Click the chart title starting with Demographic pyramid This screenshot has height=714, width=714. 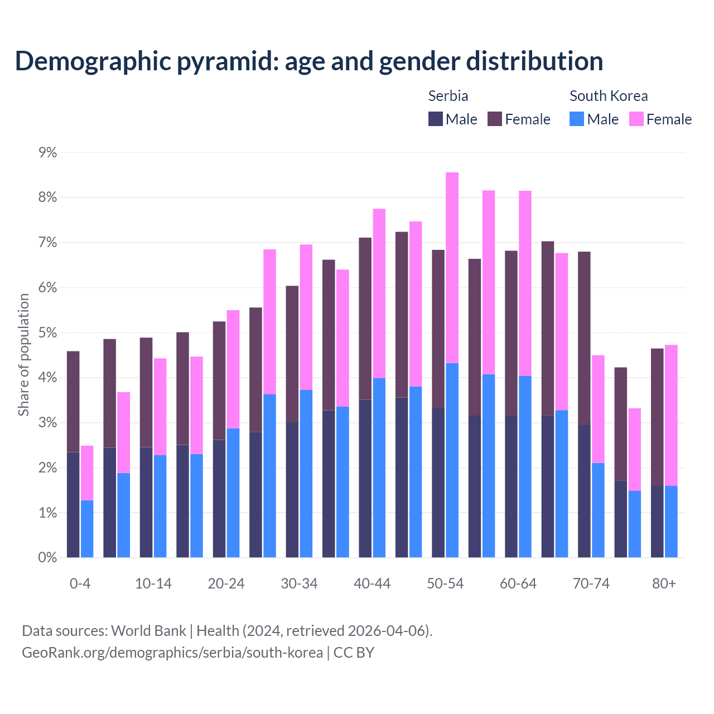(309, 61)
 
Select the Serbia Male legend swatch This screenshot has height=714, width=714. (436, 119)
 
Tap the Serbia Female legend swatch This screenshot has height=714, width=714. (495, 119)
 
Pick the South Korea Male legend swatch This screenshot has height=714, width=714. (577, 119)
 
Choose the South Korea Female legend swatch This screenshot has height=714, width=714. (636, 119)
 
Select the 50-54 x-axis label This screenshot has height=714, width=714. (445, 583)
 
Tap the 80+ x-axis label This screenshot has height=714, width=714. (664, 583)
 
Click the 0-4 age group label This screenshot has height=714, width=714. (80, 583)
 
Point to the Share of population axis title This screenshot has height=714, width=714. (23, 355)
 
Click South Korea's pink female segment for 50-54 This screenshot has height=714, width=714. (452, 268)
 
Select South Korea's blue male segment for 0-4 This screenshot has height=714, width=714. (87, 529)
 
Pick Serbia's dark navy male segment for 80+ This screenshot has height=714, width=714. (657, 522)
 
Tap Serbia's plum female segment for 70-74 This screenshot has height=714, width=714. (584, 338)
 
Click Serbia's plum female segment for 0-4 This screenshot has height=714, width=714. (73, 402)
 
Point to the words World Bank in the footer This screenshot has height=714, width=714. (148, 631)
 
